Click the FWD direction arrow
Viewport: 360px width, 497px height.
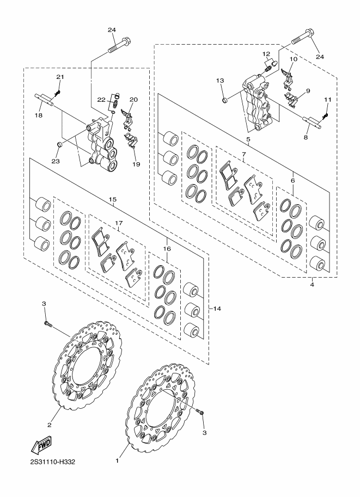click(x=41, y=445)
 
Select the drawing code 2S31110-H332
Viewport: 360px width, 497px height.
click(x=49, y=462)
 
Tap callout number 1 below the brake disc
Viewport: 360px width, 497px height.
click(x=117, y=461)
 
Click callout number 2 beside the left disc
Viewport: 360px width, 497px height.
click(x=49, y=425)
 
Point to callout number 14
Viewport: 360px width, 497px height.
click(x=217, y=309)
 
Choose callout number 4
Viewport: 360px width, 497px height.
click(x=312, y=285)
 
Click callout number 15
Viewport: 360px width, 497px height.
click(x=112, y=199)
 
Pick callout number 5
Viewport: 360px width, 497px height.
click(x=248, y=139)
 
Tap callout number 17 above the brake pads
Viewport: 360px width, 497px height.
click(x=119, y=223)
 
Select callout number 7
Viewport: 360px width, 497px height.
click(x=243, y=154)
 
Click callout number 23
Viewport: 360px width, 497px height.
click(x=56, y=161)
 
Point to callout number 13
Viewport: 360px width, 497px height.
click(x=220, y=81)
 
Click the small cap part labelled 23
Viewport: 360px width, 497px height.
click(x=59, y=145)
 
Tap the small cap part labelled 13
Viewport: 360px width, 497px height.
click(x=225, y=101)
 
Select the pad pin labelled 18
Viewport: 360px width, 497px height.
click(x=44, y=99)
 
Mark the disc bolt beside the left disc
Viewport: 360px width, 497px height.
click(x=48, y=324)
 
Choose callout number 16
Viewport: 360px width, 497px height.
click(x=167, y=249)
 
